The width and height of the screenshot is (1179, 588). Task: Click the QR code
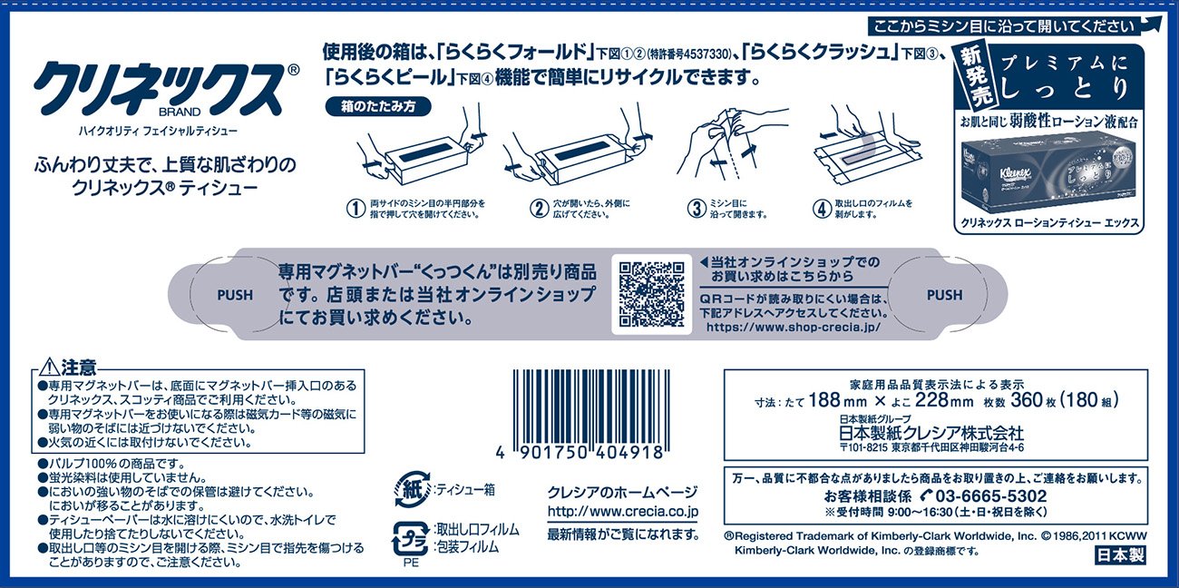coord(651,294)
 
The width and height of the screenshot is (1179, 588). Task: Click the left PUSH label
coord(235,295)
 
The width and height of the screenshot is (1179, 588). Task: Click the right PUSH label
coord(944,295)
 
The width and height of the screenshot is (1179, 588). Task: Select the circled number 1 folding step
coord(356,209)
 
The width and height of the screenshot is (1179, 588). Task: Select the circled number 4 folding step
coord(822,209)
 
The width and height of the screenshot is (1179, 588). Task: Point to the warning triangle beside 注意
coord(50,367)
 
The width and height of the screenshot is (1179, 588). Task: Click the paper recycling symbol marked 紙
coord(412,490)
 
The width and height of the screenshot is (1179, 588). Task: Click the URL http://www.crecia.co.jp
coord(623,512)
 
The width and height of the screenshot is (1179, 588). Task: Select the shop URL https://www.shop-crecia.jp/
coord(793,327)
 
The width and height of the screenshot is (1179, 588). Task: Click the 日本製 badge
coord(1120,555)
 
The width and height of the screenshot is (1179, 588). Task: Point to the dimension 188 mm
coord(837,400)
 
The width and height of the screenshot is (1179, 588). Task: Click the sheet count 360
coord(1027,399)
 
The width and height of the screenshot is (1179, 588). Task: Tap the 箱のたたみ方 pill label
coord(378,106)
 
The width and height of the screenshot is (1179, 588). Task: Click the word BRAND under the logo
coord(180,113)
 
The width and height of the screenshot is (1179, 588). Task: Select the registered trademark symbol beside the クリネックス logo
coord(294,70)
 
